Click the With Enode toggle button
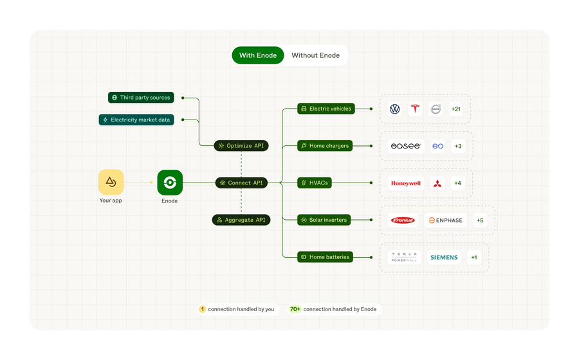258,55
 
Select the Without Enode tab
315,55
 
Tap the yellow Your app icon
111,183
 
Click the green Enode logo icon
170,183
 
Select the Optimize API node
241,146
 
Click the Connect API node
241,183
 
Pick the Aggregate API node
241,220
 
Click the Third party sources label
141,98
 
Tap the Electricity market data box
136,120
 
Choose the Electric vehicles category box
326,109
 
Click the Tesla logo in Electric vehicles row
415,109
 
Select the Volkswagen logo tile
395,109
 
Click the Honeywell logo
406,183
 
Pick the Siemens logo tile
444,257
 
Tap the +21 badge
455,109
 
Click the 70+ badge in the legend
295,309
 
